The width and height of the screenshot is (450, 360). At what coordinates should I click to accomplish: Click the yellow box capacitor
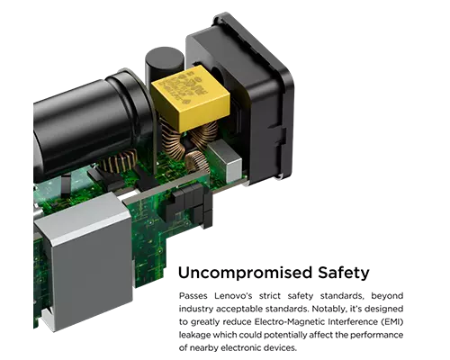[190, 98]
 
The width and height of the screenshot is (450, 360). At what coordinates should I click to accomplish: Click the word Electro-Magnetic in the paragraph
[290, 322]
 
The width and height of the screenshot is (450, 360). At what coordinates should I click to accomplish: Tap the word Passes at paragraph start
[193, 296]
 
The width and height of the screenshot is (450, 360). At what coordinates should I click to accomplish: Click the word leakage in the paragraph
[194, 335]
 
